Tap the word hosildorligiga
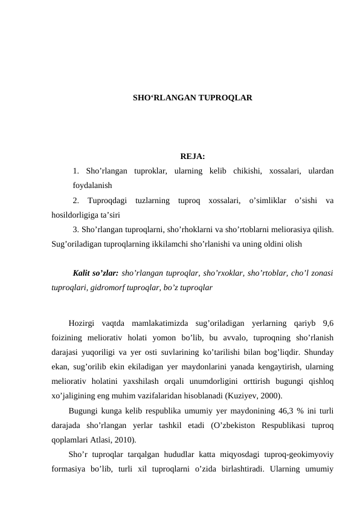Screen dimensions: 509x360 tap(77, 214)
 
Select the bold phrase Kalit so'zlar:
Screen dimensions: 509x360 tap(95, 273)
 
